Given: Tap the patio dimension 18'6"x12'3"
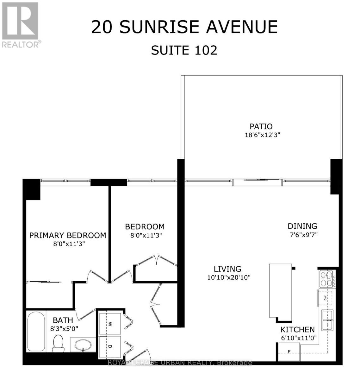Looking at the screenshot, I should [x=263, y=135].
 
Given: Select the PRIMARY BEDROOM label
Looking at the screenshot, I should [x=68, y=235].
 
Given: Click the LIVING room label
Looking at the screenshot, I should [x=227, y=269].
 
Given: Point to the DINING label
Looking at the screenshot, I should [x=302, y=226].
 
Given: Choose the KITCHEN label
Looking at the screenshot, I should [x=297, y=330].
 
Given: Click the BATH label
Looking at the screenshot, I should [x=63, y=320].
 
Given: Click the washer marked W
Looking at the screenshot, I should [x=110, y=324].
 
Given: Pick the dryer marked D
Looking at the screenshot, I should [x=110, y=347].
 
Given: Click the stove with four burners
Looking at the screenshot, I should [x=327, y=279].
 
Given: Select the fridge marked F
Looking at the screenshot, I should [x=289, y=351].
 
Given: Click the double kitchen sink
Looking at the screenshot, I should [x=327, y=320].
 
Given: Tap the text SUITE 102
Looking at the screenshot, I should [x=184, y=50].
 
